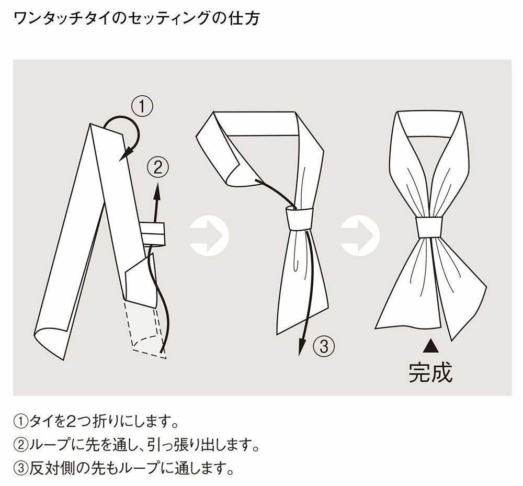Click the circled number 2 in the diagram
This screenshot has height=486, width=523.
point(158,167)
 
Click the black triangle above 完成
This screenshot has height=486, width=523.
point(430,345)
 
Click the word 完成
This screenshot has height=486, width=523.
point(430,372)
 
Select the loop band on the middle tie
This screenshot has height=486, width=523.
point(299,219)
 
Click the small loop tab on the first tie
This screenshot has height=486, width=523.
point(152,233)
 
